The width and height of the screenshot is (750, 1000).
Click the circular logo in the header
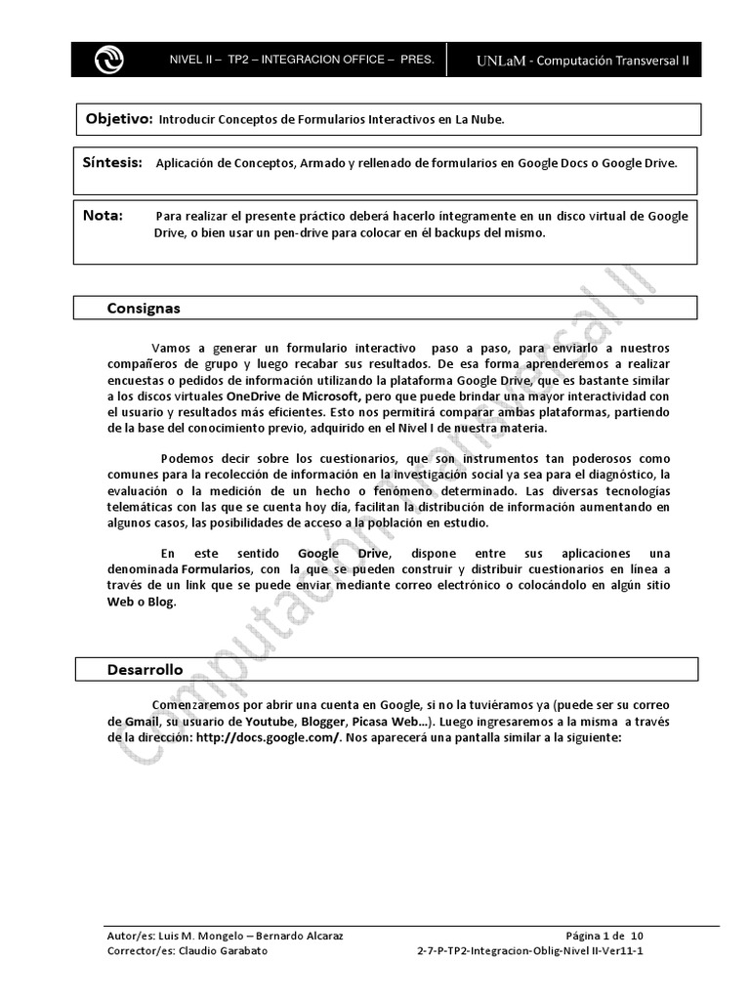tap(108, 61)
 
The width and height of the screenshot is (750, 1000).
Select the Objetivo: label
tap(118, 118)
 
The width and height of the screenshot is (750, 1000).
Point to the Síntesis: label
tap(113, 163)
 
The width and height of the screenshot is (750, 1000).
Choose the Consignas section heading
tap(144, 309)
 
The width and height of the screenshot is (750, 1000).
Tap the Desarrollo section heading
tap(145, 670)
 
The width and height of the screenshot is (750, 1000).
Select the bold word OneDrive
tap(256, 396)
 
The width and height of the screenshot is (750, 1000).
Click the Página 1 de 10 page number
tap(604, 935)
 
